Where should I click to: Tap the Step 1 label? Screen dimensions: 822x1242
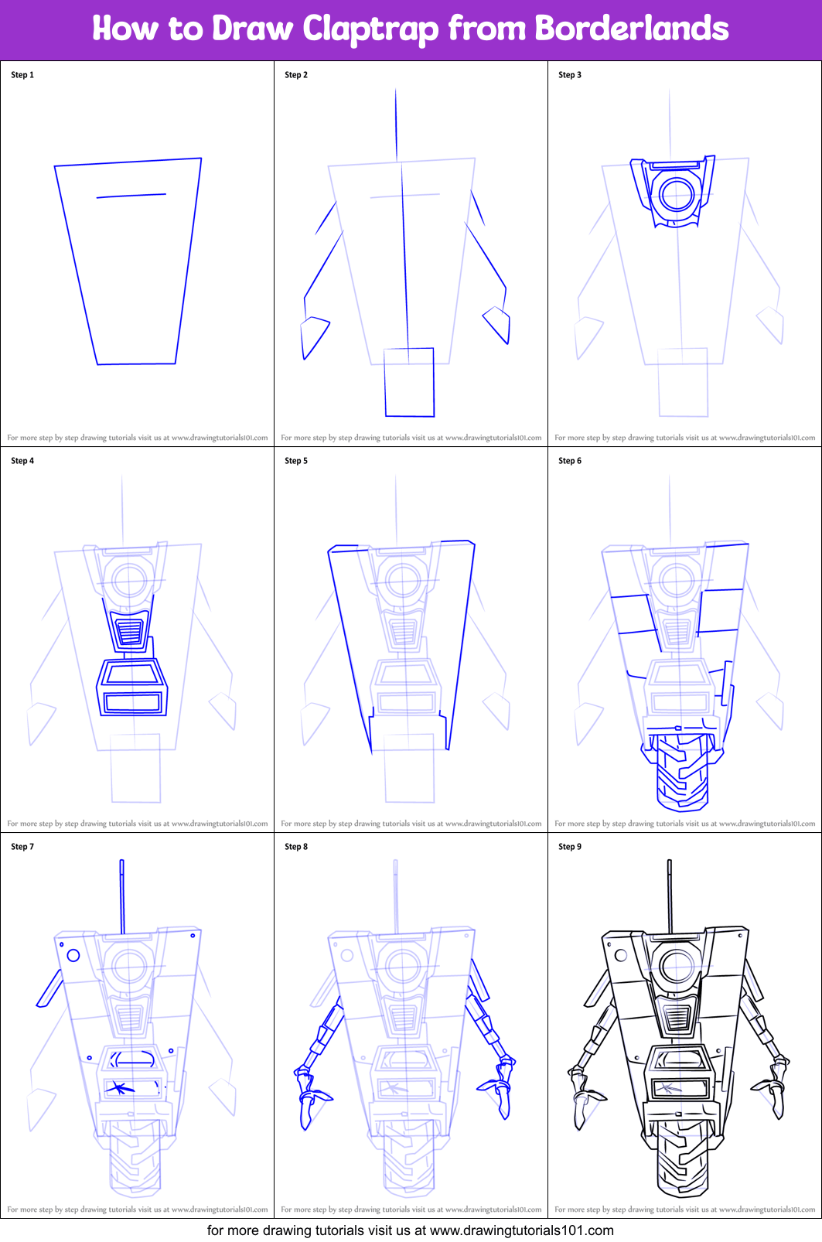tap(22, 75)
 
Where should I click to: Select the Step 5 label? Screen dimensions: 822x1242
tap(296, 461)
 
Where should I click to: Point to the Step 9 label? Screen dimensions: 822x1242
tap(570, 847)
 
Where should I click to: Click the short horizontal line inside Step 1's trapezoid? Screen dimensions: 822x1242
tap(131, 196)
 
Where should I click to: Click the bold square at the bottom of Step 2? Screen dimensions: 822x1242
tap(410, 382)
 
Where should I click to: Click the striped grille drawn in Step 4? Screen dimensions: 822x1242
tap(130, 630)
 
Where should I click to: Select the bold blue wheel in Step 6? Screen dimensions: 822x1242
tap(683, 771)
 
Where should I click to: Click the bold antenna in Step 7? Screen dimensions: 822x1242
tap(122, 896)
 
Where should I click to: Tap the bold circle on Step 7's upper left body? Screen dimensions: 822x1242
tap(73, 955)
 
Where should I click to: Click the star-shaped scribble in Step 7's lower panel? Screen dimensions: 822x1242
tap(119, 1088)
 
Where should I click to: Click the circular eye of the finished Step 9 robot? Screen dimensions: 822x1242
tap(677, 967)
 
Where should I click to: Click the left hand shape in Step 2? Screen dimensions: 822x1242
tap(314, 337)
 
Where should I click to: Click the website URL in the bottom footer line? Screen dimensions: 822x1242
tap(521, 1230)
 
